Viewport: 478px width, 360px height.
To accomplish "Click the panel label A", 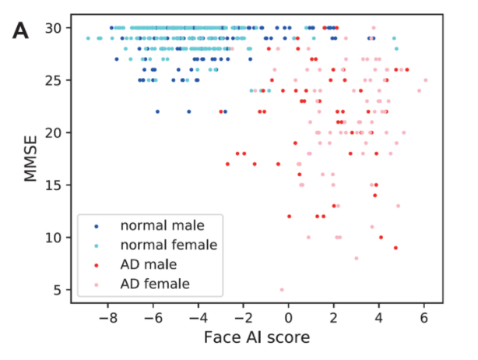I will (21, 31).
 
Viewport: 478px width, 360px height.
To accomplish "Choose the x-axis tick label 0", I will (289, 318).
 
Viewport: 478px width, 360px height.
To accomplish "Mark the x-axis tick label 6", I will (424, 318).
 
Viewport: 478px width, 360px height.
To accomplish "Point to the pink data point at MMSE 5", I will (282, 289).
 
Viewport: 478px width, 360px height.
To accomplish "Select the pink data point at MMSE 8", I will (357, 258).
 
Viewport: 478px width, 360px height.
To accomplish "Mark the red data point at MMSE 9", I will (395, 248).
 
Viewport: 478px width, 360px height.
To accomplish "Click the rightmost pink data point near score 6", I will (425, 80).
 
